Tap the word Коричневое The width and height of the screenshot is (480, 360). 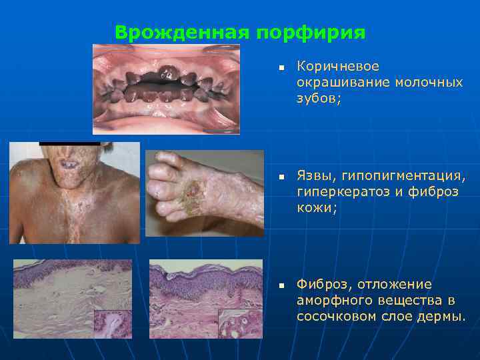click(x=338, y=67)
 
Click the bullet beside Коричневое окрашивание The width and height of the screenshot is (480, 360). click(x=281, y=68)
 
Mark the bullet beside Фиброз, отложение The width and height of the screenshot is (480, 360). click(x=281, y=286)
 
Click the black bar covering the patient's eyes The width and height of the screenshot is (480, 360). click(x=69, y=143)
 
